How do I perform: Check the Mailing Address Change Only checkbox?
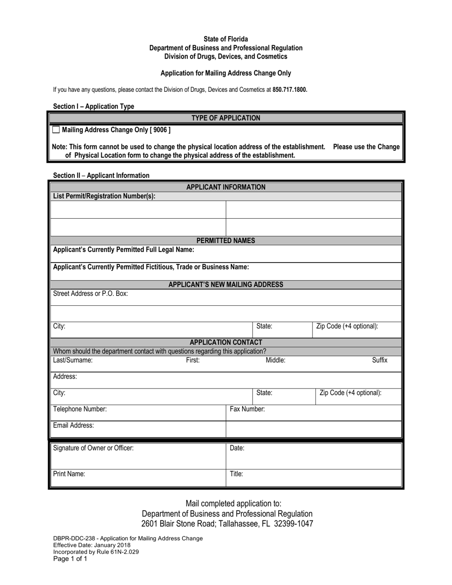click(x=56, y=129)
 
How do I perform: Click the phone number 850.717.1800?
click(x=290, y=89)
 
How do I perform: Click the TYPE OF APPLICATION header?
click(x=226, y=118)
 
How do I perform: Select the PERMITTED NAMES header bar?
click(x=226, y=241)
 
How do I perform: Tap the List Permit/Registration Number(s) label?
click(x=104, y=196)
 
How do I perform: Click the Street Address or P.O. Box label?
click(x=90, y=293)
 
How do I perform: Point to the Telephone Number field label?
click(x=80, y=409)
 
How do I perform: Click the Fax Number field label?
click(x=247, y=409)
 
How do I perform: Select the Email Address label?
click(x=73, y=425)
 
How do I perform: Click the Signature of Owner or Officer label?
click(x=93, y=448)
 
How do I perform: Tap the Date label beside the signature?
click(x=237, y=448)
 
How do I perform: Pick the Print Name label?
click(x=69, y=474)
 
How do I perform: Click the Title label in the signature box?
click(x=236, y=474)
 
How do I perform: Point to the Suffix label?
click(x=379, y=361)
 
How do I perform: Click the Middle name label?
click(x=275, y=361)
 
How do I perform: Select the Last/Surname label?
click(x=73, y=361)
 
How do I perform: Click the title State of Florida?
click(x=226, y=39)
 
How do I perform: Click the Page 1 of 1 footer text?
click(x=70, y=559)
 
